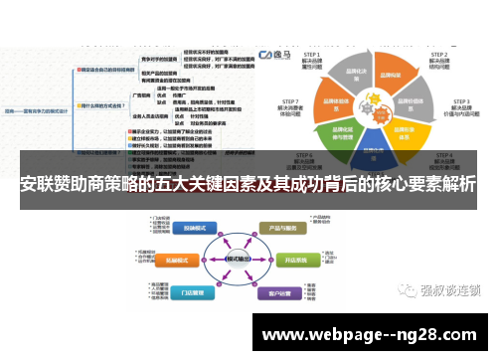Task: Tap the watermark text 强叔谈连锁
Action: point(451,289)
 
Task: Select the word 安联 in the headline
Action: point(37,186)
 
